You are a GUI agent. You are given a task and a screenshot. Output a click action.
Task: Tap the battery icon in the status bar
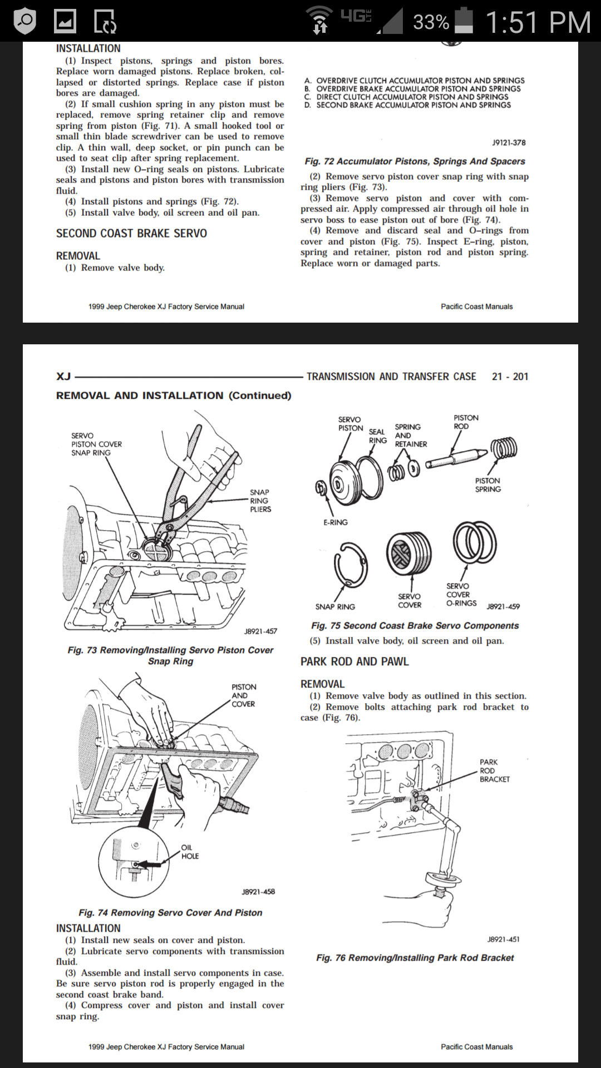[x=464, y=21]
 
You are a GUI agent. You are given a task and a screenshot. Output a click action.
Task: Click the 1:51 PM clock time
[x=538, y=22]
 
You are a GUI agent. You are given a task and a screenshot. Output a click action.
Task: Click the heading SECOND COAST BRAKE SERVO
[x=131, y=234]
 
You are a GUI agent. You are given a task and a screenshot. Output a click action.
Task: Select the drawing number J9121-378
[x=509, y=143]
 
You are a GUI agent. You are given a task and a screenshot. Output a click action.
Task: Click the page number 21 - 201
[x=510, y=377]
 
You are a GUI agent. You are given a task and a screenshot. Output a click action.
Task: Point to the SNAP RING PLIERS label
[x=260, y=501]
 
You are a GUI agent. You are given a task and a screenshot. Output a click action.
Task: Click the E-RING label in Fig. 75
[x=336, y=522]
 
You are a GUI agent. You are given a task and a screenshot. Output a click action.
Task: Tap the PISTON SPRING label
[x=487, y=485]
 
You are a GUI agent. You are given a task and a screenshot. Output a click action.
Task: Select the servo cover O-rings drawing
[x=474, y=542]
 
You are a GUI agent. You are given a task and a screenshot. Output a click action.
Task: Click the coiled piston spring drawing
[x=504, y=447]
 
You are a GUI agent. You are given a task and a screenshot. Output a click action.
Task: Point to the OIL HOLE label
[x=189, y=852]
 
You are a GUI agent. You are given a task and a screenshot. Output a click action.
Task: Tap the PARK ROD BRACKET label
[x=494, y=770]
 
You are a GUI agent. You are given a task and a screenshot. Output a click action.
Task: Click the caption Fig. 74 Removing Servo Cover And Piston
[x=170, y=913]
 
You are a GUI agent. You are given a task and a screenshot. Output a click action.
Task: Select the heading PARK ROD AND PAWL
[x=354, y=661]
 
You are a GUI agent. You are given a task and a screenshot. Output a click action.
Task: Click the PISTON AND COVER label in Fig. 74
[x=243, y=695]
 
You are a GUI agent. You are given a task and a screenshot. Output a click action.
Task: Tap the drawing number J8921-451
[x=503, y=939]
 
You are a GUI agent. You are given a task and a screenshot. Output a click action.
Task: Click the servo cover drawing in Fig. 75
[x=408, y=553]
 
